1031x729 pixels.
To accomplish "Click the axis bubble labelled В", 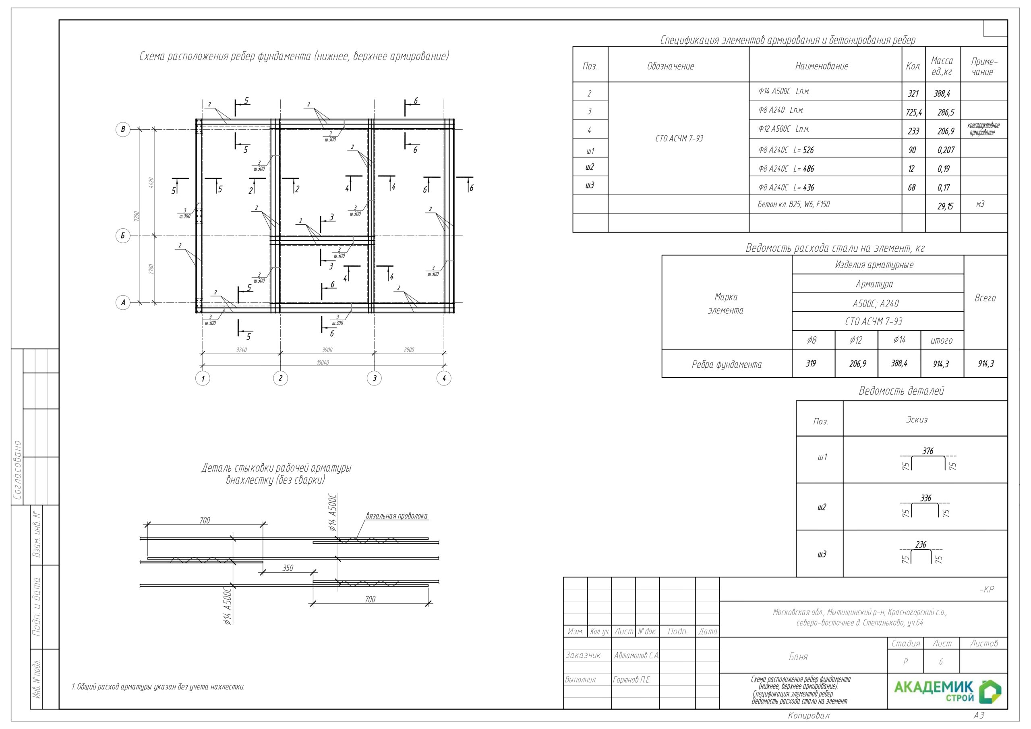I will [122, 129].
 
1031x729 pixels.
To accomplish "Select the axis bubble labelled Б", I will [122, 236].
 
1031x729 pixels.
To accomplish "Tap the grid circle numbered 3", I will [374, 378].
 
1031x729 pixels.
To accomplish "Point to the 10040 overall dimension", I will [323, 362].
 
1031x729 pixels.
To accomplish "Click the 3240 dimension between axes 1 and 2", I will [241, 350].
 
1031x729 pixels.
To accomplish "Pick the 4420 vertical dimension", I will [151, 182].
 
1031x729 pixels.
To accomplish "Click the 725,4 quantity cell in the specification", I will [913, 112].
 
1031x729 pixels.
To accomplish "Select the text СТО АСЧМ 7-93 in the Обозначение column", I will [679, 138].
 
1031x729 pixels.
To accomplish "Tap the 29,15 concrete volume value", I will [945, 206].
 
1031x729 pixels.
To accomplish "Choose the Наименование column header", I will [821, 66].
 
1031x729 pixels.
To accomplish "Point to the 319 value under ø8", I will [811, 363].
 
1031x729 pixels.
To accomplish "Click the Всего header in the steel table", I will [985, 298].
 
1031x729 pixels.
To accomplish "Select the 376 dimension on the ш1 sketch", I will [928, 451].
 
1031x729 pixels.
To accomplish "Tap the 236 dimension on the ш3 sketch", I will [921, 545].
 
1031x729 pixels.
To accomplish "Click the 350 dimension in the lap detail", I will [288, 568].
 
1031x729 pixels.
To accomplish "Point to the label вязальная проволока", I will [397, 516].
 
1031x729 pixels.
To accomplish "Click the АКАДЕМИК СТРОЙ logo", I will [947, 691].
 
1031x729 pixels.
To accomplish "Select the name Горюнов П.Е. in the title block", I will [632, 679].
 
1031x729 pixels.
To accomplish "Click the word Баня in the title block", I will [798, 657].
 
